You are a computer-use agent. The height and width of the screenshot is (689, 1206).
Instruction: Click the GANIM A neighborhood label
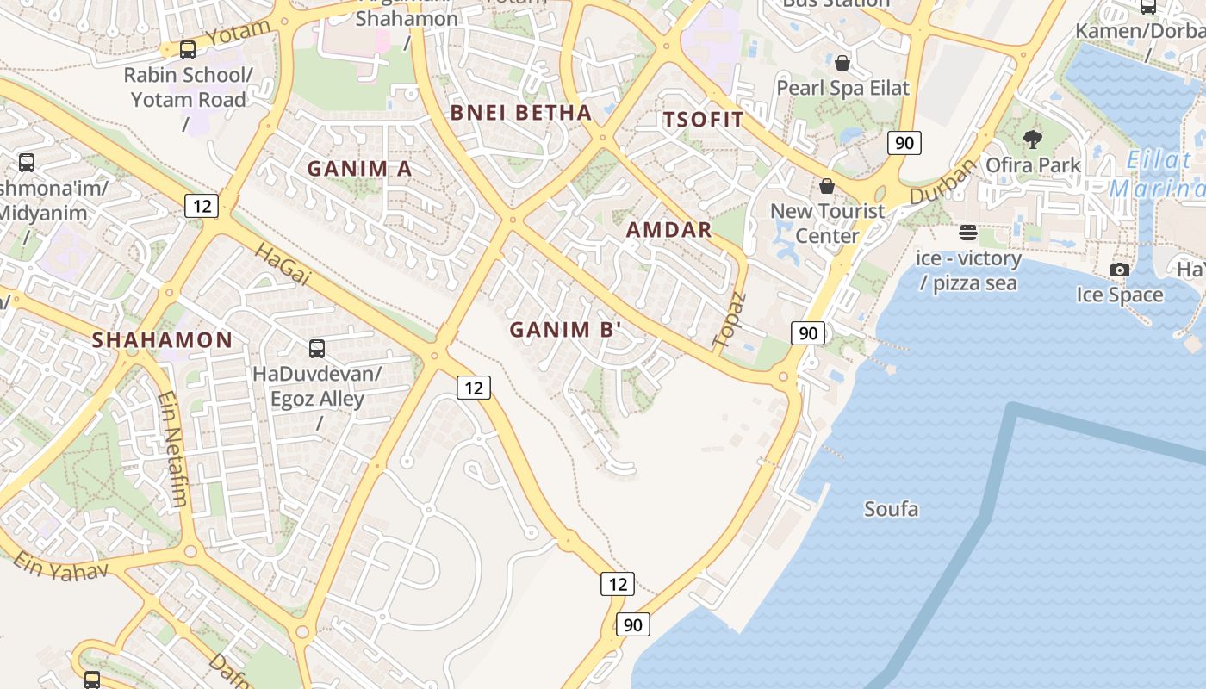pyautogui.click(x=360, y=169)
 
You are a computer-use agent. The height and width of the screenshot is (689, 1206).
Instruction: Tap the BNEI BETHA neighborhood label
pyautogui.click(x=521, y=113)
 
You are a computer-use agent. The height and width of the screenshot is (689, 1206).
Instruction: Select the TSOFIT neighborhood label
pyautogui.click(x=703, y=120)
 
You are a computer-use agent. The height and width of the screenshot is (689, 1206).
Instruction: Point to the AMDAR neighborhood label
pyautogui.click(x=669, y=230)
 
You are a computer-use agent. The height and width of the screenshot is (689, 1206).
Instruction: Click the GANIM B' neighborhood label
pyautogui.click(x=566, y=330)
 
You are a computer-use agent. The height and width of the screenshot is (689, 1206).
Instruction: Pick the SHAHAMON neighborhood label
pyautogui.click(x=163, y=340)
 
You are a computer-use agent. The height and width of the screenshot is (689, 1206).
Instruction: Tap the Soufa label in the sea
pyautogui.click(x=892, y=509)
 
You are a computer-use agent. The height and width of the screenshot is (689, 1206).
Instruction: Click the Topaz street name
pyautogui.click(x=729, y=320)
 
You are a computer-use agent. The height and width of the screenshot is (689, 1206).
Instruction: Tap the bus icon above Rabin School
pyautogui.click(x=188, y=50)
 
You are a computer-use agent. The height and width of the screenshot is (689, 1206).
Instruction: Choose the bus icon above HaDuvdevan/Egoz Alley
pyautogui.click(x=317, y=349)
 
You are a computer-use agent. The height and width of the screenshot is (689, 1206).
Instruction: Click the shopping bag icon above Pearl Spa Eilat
pyautogui.click(x=842, y=63)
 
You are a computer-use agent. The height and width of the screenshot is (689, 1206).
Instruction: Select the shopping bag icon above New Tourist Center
pyautogui.click(x=827, y=186)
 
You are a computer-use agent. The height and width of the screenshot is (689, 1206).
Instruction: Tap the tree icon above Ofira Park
pyautogui.click(x=1032, y=139)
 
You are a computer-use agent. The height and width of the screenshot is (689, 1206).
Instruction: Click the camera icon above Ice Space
pyautogui.click(x=1119, y=270)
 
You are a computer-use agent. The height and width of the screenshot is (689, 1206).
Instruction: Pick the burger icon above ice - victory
pyautogui.click(x=968, y=233)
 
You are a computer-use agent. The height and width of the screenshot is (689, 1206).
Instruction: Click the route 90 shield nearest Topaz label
pyautogui.click(x=808, y=333)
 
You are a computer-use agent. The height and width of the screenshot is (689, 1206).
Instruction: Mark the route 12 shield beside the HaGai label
pyautogui.click(x=201, y=206)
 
